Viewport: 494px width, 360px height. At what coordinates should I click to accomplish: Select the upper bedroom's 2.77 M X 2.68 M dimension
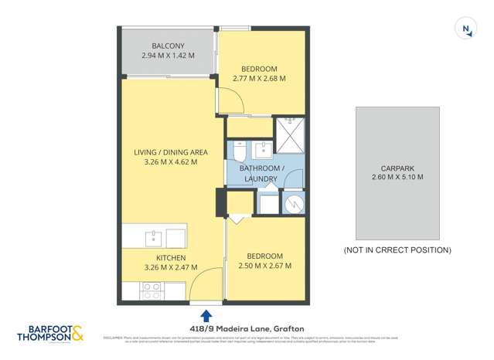click(260, 79)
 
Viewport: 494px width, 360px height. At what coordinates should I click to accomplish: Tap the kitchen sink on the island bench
click(155, 236)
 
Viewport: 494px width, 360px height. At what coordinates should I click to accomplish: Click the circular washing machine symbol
click(292, 204)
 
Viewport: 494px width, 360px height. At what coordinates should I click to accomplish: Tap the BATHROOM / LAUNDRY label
click(261, 174)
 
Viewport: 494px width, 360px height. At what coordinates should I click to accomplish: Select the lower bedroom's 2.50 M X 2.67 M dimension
click(265, 267)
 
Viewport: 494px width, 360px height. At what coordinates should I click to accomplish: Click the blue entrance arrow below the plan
click(206, 315)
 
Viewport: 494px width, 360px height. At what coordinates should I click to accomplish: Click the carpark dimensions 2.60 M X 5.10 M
click(397, 178)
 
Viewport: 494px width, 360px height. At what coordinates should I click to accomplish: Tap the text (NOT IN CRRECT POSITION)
click(397, 250)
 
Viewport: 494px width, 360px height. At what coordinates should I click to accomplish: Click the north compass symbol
click(466, 29)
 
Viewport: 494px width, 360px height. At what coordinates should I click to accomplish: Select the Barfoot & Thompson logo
click(50, 333)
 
